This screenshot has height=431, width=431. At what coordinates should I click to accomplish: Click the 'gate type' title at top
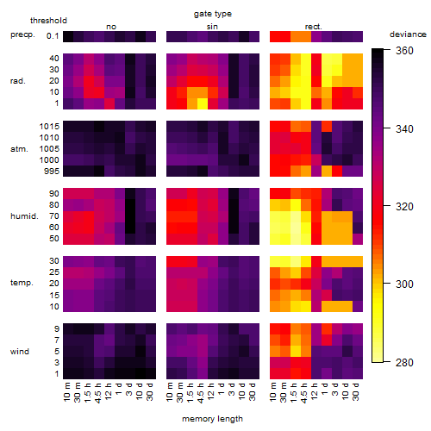point(213,14)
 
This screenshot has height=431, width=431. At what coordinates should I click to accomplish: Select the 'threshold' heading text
point(48,21)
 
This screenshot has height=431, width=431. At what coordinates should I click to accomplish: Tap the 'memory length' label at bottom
point(212,419)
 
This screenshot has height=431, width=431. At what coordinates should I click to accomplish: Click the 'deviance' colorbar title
point(408,34)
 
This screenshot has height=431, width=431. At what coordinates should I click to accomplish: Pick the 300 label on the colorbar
point(404,284)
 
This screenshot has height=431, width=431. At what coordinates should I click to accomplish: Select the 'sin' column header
point(212,27)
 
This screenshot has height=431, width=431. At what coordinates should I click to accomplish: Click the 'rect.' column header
point(313,27)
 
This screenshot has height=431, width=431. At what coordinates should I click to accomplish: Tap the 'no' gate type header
point(111,27)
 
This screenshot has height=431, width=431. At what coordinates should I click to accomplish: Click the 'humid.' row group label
point(24,216)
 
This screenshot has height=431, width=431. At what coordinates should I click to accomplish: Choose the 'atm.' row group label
point(19,149)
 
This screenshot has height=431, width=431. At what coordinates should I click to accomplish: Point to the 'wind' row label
point(20,352)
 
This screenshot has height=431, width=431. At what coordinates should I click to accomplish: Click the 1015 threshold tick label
point(49,127)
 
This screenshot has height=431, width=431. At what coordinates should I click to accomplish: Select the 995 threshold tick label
point(52,172)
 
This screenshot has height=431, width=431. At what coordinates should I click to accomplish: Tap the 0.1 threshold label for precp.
point(53,36)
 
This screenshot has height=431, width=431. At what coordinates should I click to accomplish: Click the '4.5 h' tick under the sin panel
point(201,392)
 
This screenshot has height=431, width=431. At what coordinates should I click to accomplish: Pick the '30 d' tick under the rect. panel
point(356,391)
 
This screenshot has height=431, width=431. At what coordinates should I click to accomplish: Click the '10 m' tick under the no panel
point(66,391)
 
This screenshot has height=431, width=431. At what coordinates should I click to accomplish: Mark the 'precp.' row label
point(22,34)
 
